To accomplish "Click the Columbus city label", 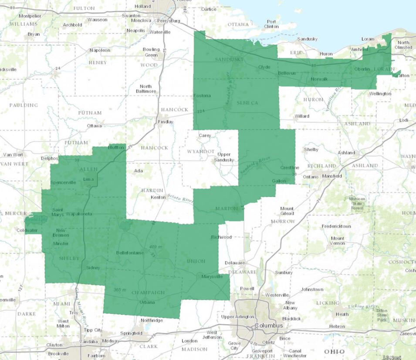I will point(269,326).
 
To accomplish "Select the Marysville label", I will point(212,276).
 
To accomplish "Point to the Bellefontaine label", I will point(130,253).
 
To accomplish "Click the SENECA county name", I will point(248,103).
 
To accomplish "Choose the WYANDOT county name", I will point(201,151).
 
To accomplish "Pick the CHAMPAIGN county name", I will point(148,293).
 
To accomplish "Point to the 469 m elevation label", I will point(156,247).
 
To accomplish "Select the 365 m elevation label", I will point(120,290).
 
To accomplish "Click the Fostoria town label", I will point(202,96).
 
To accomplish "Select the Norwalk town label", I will point(320,79).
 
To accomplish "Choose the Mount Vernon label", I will point(338,241).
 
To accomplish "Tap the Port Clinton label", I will point(271,24).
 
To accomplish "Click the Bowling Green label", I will point(151,52).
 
